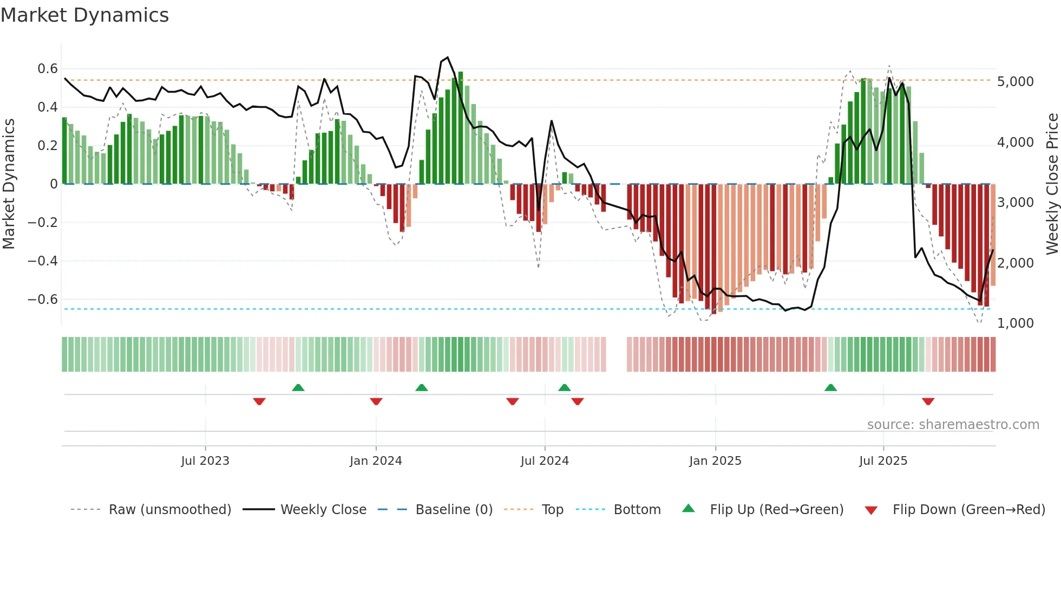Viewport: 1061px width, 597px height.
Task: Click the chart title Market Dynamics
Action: point(85,15)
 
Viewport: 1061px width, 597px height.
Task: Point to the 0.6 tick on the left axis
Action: point(48,69)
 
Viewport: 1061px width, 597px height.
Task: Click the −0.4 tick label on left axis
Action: point(43,261)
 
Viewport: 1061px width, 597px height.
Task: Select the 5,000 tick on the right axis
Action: point(1015,82)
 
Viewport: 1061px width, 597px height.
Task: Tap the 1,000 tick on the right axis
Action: point(1015,323)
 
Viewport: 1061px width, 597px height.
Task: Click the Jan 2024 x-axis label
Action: point(376,461)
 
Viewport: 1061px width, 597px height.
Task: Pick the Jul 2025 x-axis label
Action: point(883,461)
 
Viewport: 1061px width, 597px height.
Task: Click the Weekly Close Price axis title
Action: point(1052,184)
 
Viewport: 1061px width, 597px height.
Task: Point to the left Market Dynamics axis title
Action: point(9,184)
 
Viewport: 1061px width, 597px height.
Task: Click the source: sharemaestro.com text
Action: point(953,425)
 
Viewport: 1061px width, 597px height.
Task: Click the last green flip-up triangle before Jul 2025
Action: point(830,387)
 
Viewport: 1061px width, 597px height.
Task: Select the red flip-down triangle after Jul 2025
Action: point(928,401)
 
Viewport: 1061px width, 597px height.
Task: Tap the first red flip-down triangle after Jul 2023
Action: point(259,401)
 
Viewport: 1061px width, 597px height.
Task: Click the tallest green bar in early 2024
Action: point(460,128)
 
